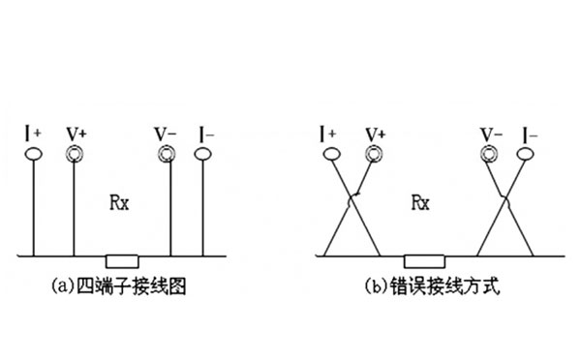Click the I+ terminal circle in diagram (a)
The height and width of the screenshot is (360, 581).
tap(36, 154)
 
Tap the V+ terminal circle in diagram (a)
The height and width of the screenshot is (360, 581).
tap(75, 154)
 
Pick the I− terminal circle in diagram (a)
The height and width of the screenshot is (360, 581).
tap(204, 153)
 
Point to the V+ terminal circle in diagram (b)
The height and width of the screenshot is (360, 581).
tap(372, 154)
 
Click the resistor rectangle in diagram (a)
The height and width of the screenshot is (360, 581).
tap(123, 258)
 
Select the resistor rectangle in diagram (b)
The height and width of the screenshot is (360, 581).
tap(423, 258)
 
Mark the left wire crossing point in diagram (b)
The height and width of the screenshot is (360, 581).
tap(352, 200)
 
